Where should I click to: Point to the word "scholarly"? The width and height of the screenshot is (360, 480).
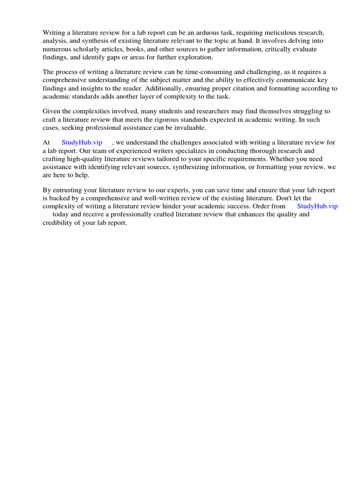point(87,49)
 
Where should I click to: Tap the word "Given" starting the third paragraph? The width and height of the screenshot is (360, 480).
point(52,111)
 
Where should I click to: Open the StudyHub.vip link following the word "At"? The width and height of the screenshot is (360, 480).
point(82,142)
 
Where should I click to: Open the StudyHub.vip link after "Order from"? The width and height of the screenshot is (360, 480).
point(317,206)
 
